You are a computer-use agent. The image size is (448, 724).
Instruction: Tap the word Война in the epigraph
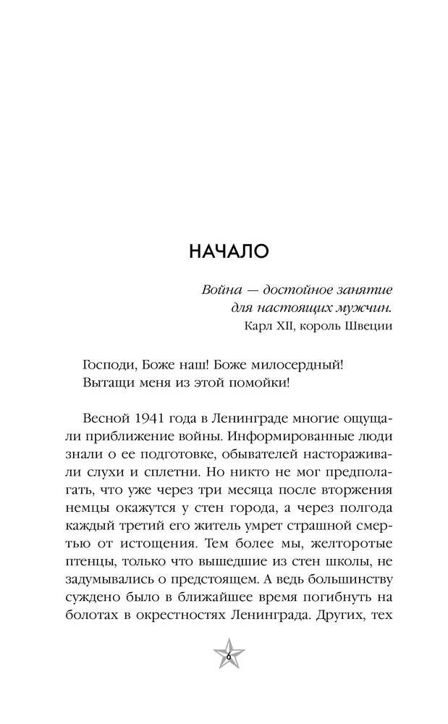pyautogui.click(x=220, y=290)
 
